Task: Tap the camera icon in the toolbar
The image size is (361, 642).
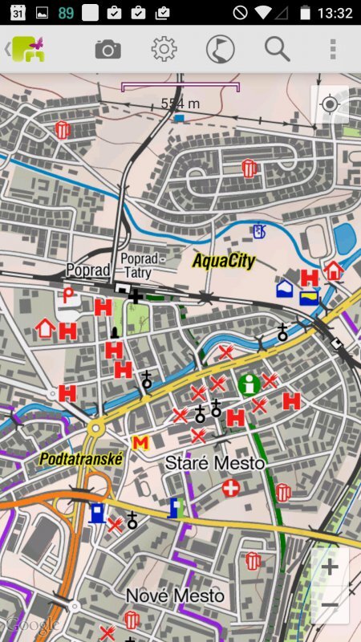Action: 107,50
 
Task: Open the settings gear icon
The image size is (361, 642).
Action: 164,50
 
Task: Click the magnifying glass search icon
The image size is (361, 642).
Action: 277,50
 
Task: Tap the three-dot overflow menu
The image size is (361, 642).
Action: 333,50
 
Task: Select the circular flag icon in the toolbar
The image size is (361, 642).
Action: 220,50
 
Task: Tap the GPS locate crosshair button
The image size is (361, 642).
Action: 330,105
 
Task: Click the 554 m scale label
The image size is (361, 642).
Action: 180,104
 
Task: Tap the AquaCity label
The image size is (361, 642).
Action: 224,261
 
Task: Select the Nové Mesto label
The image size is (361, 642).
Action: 175,596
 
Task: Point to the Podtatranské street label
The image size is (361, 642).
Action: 80,459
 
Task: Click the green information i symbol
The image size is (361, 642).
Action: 249,384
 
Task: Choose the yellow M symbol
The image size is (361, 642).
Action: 140,442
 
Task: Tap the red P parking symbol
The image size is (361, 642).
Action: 69,295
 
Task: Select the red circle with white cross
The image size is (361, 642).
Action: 231,488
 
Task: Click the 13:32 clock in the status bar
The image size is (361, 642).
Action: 335,13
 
